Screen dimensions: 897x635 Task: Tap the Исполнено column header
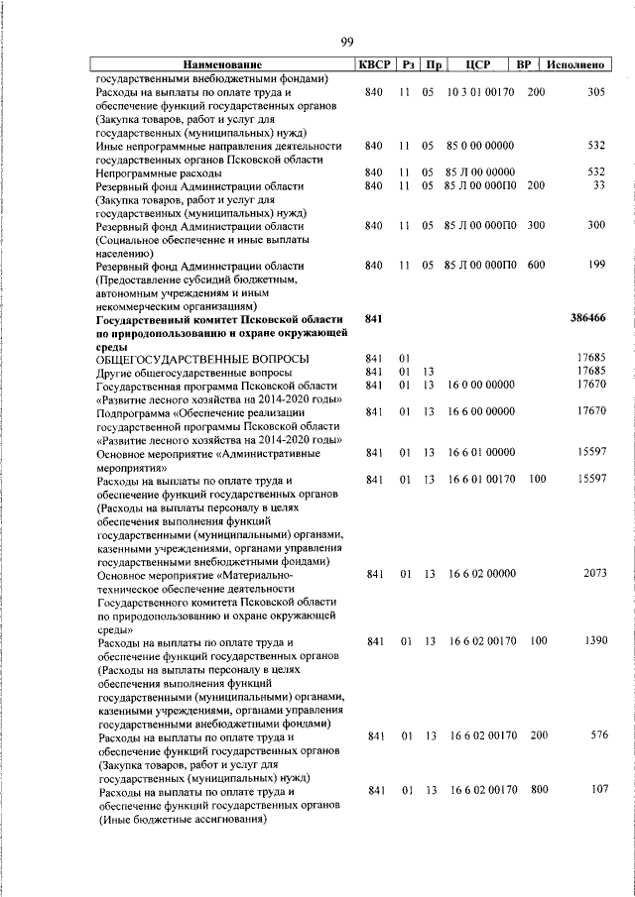click(x=575, y=65)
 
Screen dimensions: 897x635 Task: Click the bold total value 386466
click(x=586, y=319)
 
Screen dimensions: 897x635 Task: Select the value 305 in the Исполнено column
click(x=595, y=92)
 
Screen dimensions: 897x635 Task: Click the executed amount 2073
click(x=592, y=574)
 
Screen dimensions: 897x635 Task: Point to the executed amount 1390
click(x=592, y=642)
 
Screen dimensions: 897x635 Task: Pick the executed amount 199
click(x=595, y=266)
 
